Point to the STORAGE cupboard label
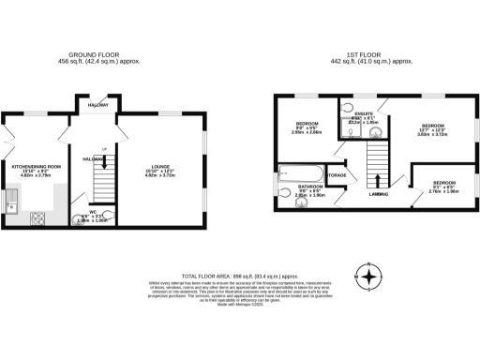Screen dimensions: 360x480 tap(337, 175)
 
